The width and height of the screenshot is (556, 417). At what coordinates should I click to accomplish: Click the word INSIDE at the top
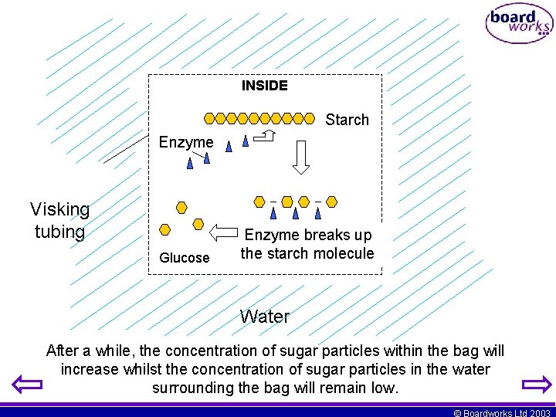[x=264, y=86]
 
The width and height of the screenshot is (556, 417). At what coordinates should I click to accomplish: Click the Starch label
[x=347, y=120]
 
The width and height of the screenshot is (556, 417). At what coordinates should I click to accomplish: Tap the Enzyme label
[x=185, y=142]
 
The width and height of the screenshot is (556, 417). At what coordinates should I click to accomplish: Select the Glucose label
[x=184, y=258]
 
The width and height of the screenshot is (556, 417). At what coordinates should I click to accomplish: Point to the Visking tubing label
[x=59, y=220]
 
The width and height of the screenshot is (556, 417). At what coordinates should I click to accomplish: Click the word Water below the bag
[x=264, y=317]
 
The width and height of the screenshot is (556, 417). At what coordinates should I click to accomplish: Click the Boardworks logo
[x=519, y=24]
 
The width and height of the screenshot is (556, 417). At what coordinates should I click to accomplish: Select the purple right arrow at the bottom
[x=537, y=385]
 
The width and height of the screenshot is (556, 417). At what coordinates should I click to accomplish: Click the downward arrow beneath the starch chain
[x=301, y=158]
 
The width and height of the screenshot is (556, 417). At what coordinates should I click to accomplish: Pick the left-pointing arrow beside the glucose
[x=225, y=232]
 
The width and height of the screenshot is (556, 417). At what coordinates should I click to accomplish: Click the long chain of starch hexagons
[x=259, y=119]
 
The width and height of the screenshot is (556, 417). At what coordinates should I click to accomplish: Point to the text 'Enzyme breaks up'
[x=307, y=235]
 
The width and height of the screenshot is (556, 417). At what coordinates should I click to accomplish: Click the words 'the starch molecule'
[x=307, y=253]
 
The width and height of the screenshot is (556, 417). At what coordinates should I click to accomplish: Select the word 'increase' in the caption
[x=89, y=369]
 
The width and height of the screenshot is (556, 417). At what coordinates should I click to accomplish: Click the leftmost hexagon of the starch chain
[x=208, y=119]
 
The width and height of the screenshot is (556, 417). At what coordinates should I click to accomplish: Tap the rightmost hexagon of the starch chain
[x=310, y=119]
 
